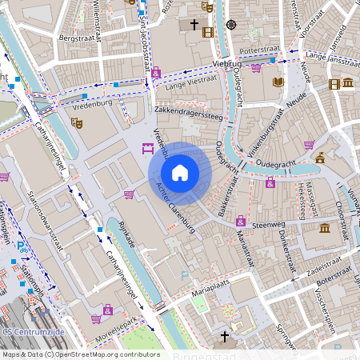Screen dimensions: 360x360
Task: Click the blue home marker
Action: (180, 173)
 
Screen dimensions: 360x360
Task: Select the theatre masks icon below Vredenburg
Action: (77, 123)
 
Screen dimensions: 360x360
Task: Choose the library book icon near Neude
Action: (278, 82)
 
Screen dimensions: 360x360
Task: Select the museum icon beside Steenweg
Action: (324, 229)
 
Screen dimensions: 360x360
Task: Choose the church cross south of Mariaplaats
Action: (225, 337)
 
